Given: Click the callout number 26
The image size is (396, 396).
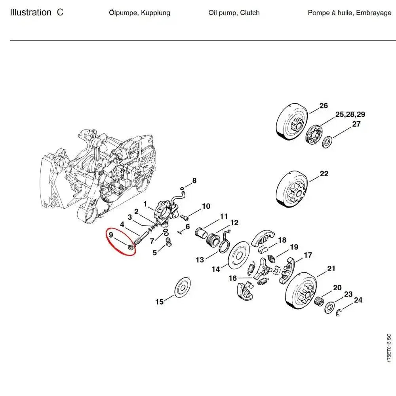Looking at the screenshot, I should [324, 105].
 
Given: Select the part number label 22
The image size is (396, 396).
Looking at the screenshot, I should [324, 174].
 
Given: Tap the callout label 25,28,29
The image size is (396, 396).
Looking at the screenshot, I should [350, 115].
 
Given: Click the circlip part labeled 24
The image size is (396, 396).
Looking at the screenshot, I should [339, 314].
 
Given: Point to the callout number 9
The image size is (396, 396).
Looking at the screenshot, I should [111, 235].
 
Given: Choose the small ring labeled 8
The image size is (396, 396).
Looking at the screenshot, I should [182, 189].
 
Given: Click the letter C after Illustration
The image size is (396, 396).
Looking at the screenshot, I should [60, 12].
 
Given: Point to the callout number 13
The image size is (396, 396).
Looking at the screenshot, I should [200, 260].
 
